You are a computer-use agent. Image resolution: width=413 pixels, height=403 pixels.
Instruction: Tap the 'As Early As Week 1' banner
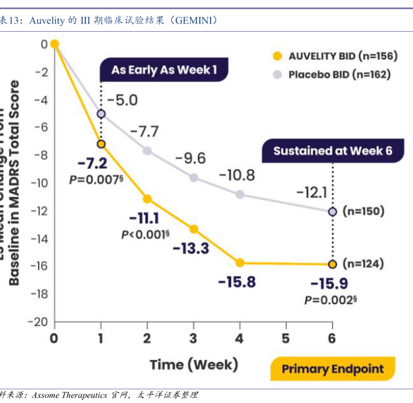coord(164,70)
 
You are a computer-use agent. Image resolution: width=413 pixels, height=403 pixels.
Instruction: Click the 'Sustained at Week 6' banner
coord(328,151)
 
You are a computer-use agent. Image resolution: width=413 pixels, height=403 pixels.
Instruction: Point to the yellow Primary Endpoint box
coord(333,369)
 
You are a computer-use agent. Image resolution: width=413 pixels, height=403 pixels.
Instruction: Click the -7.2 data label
coord(93,164)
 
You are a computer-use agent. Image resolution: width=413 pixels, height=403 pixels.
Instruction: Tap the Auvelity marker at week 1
coord(101,144)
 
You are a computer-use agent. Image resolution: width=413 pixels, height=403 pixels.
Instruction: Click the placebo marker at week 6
coord(332,211)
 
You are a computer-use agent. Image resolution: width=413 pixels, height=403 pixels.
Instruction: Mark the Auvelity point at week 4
coord(240,263)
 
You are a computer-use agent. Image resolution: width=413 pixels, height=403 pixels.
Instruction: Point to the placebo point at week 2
coord(147,151)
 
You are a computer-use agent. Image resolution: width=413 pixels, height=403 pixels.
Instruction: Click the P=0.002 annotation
coord(330,300)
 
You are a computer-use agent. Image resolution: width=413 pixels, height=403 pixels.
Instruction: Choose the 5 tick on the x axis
coord(286,338)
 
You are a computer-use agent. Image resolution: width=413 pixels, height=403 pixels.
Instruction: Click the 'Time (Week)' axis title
coord(193,364)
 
